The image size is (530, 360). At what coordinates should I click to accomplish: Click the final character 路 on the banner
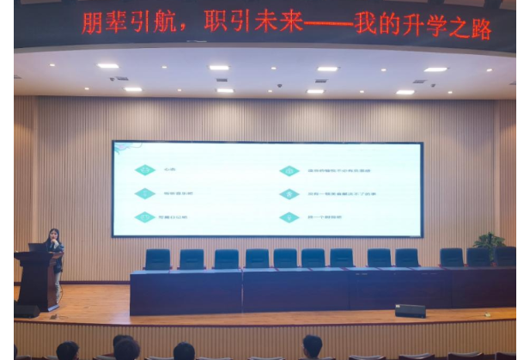coord(480,28)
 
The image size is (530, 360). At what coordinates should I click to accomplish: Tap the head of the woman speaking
coord(53,235)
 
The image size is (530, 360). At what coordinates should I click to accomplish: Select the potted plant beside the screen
coord(489,242)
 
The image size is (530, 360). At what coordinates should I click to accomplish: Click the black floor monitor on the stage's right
coord(410,310)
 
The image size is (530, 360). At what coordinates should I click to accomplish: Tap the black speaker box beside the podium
coord(26,310)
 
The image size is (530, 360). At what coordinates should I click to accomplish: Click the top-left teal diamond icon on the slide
coord(146,170)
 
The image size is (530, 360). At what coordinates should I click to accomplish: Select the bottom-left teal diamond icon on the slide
coord(146,217)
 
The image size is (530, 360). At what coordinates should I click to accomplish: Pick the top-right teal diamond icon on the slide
coord(289,170)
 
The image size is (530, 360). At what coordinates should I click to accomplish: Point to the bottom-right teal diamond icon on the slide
coord(289,217)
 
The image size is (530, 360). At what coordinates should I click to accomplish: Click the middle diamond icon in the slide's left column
coord(146,193)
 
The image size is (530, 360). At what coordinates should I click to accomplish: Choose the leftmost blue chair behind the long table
coord(157,259)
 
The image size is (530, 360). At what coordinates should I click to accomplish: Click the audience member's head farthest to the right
coord(313,346)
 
